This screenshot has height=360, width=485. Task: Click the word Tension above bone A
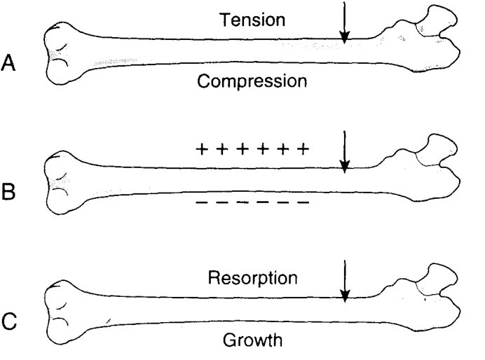click(252, 20)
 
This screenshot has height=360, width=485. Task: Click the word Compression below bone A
click(252, 81)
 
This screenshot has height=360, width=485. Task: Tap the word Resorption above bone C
click(252, 278)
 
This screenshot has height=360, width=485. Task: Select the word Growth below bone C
click(252, 340)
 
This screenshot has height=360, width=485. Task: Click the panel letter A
click(8, 63)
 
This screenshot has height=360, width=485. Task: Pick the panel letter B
click(8, 192)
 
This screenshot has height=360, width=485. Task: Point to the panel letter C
click(8, 321)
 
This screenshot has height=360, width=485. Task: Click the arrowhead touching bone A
click(344, 37)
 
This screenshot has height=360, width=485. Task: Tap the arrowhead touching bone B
click(344, 167)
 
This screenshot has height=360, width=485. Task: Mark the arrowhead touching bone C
click(344, 296)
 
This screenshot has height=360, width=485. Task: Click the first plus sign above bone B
click(202, 149)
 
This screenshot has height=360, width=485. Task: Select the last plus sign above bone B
click(303, 149)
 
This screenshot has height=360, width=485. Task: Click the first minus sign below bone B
click(201, 202)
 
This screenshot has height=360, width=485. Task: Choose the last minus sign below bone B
click(303, 202)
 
